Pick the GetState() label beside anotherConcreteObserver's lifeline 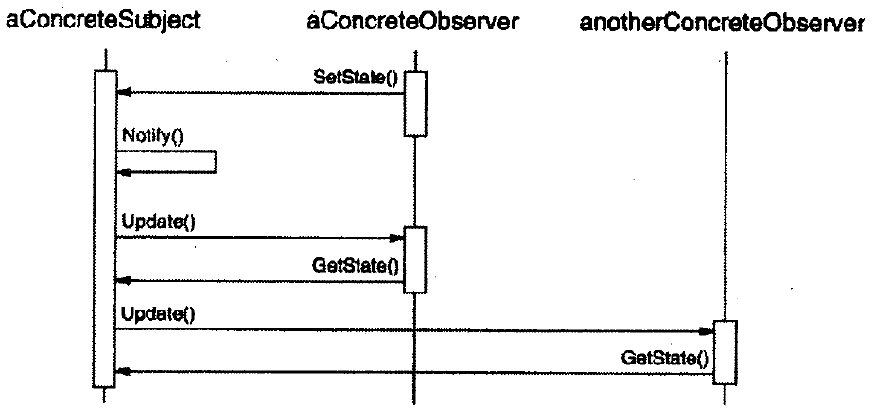[664, 359]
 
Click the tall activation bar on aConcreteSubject [105, 227]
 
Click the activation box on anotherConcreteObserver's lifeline [725, 352]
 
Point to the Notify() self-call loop [214, 162]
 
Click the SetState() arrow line [265, 93]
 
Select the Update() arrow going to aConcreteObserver [255, 238]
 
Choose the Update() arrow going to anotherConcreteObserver [416, 331]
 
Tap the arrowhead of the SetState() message [121, 93]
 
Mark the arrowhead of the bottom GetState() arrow [121, 372]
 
